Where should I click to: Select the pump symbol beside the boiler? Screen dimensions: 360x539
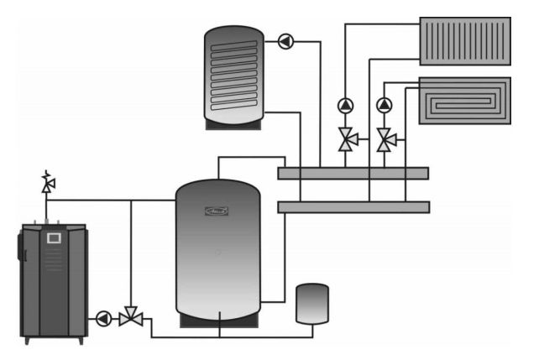click(103, 318)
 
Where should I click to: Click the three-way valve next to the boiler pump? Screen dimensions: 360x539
click(130, 317)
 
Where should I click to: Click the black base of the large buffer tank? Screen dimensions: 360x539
click(218, 319)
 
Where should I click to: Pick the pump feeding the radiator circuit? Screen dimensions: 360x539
click(345, 106)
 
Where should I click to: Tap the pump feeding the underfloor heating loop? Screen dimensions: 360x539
click(385, 106)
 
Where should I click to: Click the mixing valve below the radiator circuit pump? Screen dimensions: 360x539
click(345, 138)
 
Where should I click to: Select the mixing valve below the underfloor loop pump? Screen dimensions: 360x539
click(385, 139)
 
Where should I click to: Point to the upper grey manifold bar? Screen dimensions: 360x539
click(353, 174)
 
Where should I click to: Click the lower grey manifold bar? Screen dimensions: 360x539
click(353, 206)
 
